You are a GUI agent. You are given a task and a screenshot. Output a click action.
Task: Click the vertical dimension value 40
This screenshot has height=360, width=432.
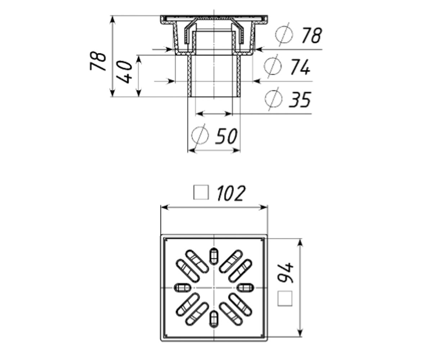(124, 72)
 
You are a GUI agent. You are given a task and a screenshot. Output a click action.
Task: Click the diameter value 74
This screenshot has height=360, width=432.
(300, 67)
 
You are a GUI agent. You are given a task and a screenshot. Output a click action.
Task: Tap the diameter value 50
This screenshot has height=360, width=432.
(226, 136)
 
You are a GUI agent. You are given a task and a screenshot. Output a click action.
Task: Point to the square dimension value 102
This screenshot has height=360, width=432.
(231, 193)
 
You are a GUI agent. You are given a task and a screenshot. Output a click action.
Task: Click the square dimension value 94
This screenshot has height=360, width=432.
(286, 273)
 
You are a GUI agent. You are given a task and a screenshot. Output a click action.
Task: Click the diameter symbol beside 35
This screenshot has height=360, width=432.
(274, 99)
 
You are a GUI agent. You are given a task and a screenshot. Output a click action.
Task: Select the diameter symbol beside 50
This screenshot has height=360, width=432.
(200, 135)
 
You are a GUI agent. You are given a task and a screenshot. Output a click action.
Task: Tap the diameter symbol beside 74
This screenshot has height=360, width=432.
(273, 66)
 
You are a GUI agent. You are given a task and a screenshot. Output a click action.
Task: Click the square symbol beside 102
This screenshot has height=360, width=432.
(201, 193)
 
